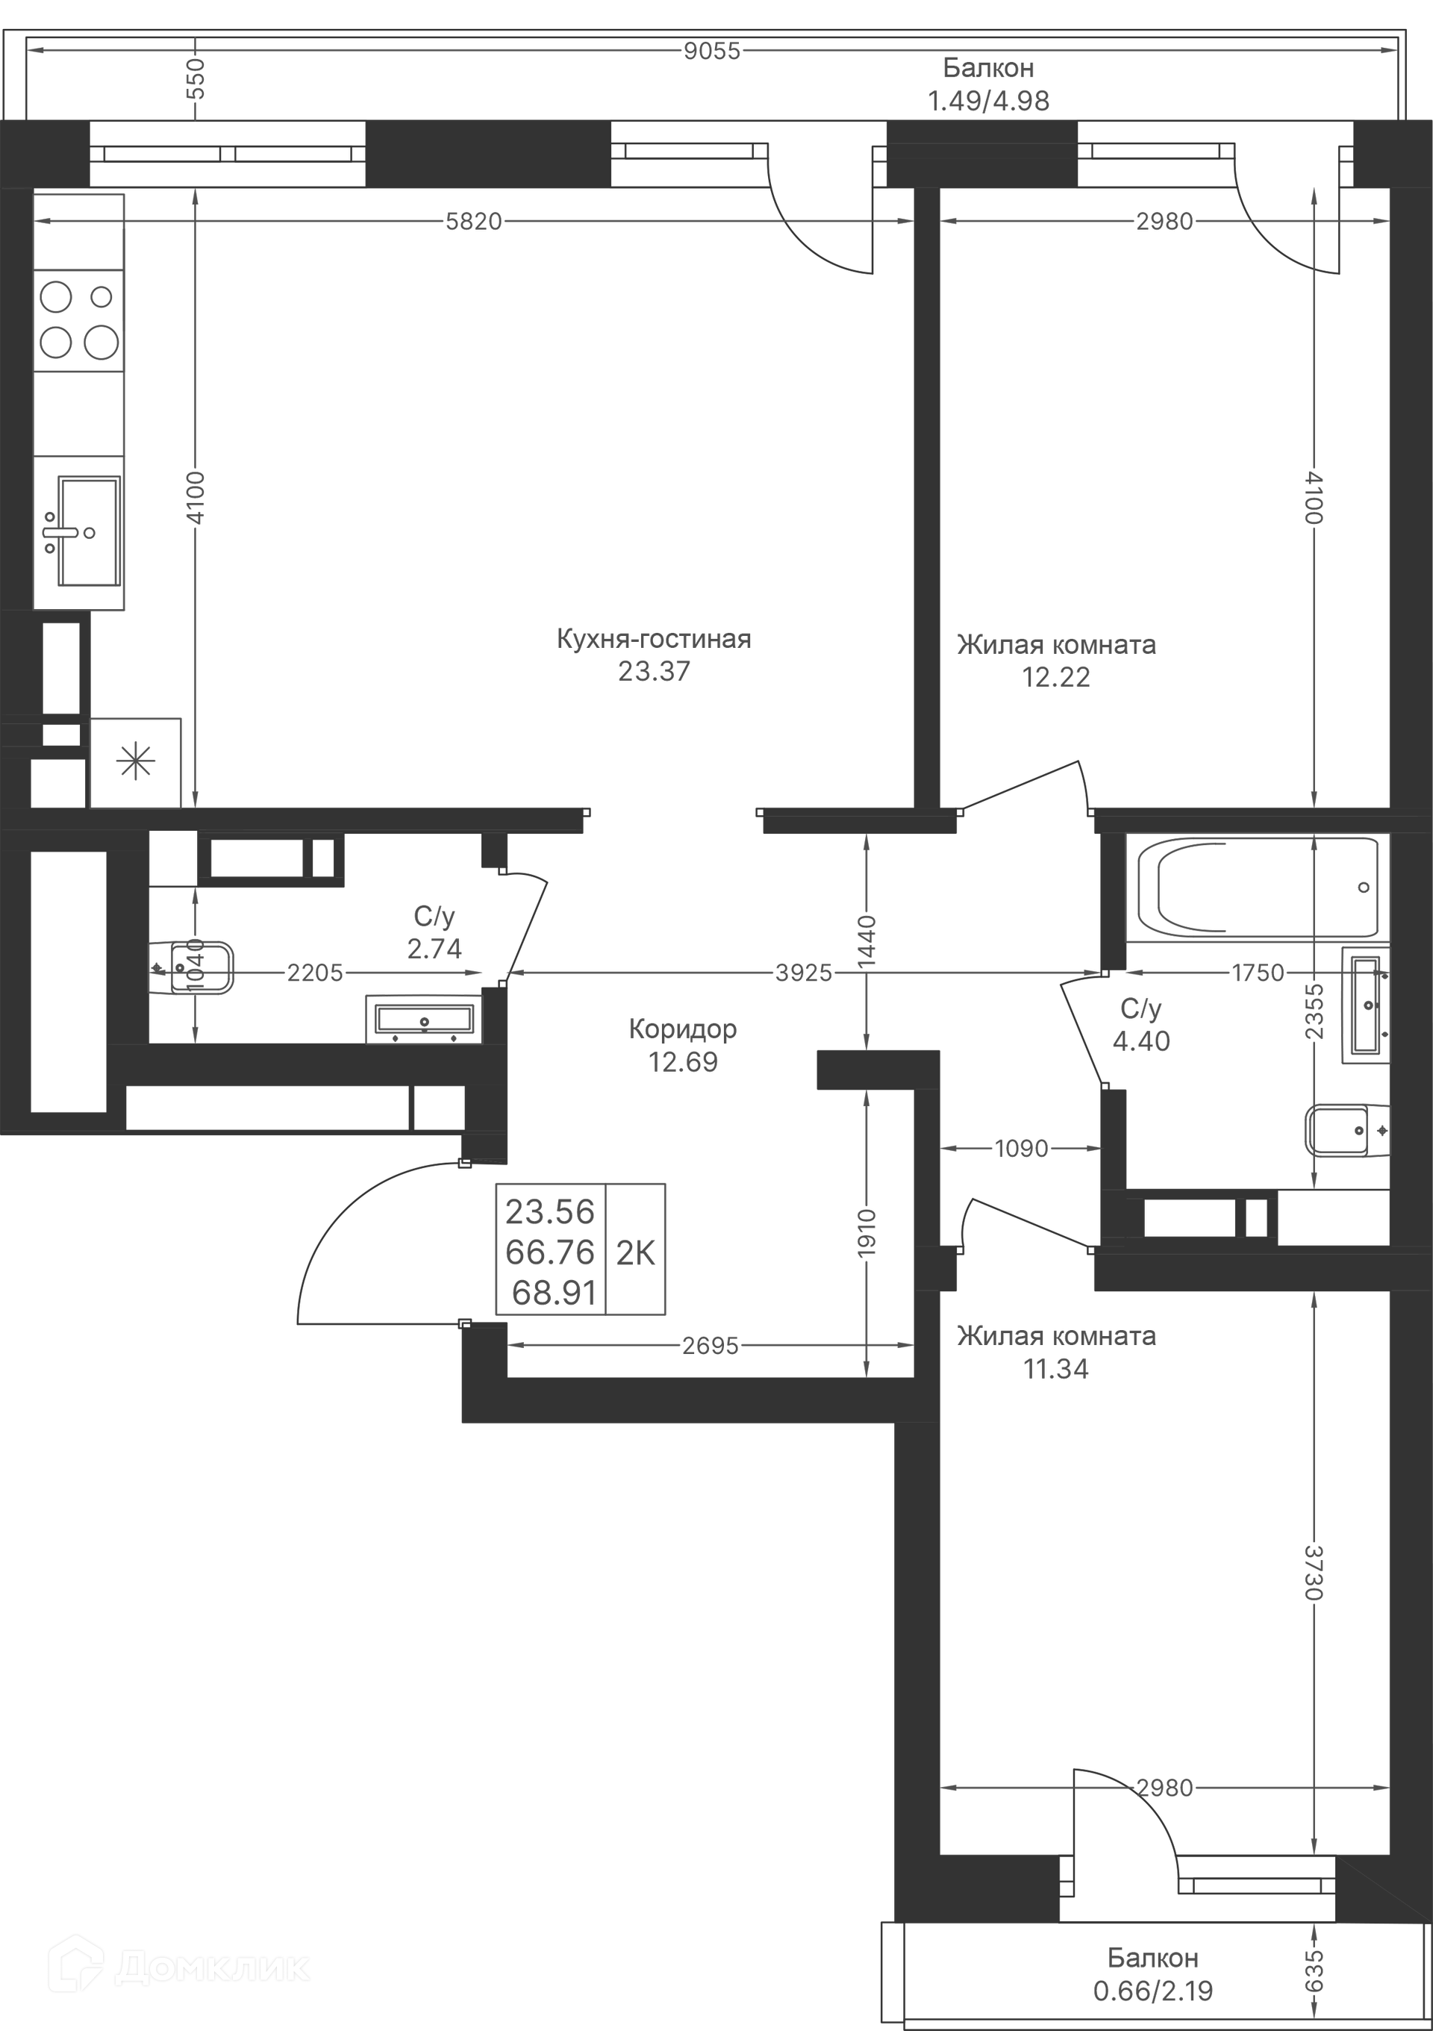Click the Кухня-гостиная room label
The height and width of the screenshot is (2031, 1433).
654,640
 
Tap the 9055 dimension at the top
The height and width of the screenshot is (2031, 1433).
712,52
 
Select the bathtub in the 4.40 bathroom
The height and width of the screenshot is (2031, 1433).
1258,887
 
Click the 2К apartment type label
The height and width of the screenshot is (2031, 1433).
635,1252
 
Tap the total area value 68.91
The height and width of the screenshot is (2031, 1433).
554,1294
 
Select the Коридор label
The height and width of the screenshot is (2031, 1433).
683,1029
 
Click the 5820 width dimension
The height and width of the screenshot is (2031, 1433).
473,221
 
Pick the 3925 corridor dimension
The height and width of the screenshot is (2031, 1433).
804,973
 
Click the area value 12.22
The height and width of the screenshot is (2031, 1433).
1056,678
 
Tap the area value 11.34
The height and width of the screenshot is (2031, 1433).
1056,1370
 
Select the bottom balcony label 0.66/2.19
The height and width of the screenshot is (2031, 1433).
1153,1991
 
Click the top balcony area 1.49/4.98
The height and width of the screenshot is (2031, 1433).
988,101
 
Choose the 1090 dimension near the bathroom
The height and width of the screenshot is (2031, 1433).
1021,1148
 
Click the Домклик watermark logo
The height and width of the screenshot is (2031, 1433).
185,1965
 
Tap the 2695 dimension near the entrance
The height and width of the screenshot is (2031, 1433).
711,1346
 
